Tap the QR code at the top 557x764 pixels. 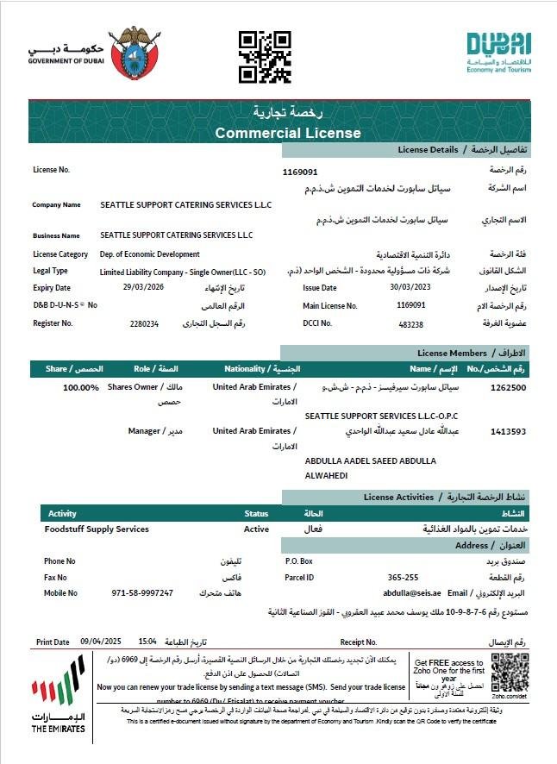[x=264, y=56]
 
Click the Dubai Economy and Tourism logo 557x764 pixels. [x=499, y=51]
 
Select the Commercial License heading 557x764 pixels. [x=288, y=133]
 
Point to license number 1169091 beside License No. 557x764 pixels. [x=300, y=172]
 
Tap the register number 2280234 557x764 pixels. [x=144, y=323]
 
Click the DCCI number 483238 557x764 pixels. [x=411, y=324]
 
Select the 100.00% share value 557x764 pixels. [x=81, y=388]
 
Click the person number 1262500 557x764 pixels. [x=508, y=388]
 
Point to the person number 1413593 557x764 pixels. [x=508, y=431]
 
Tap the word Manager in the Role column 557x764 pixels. [x=144, y=430]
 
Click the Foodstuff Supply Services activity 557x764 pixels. [x=97, y=529]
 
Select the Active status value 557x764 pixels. [x=256, y=529]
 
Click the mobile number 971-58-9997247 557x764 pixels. [x=142, y=593]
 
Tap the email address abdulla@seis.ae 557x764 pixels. [x=413, y=593]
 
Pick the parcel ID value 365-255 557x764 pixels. [x=403, y=577]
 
